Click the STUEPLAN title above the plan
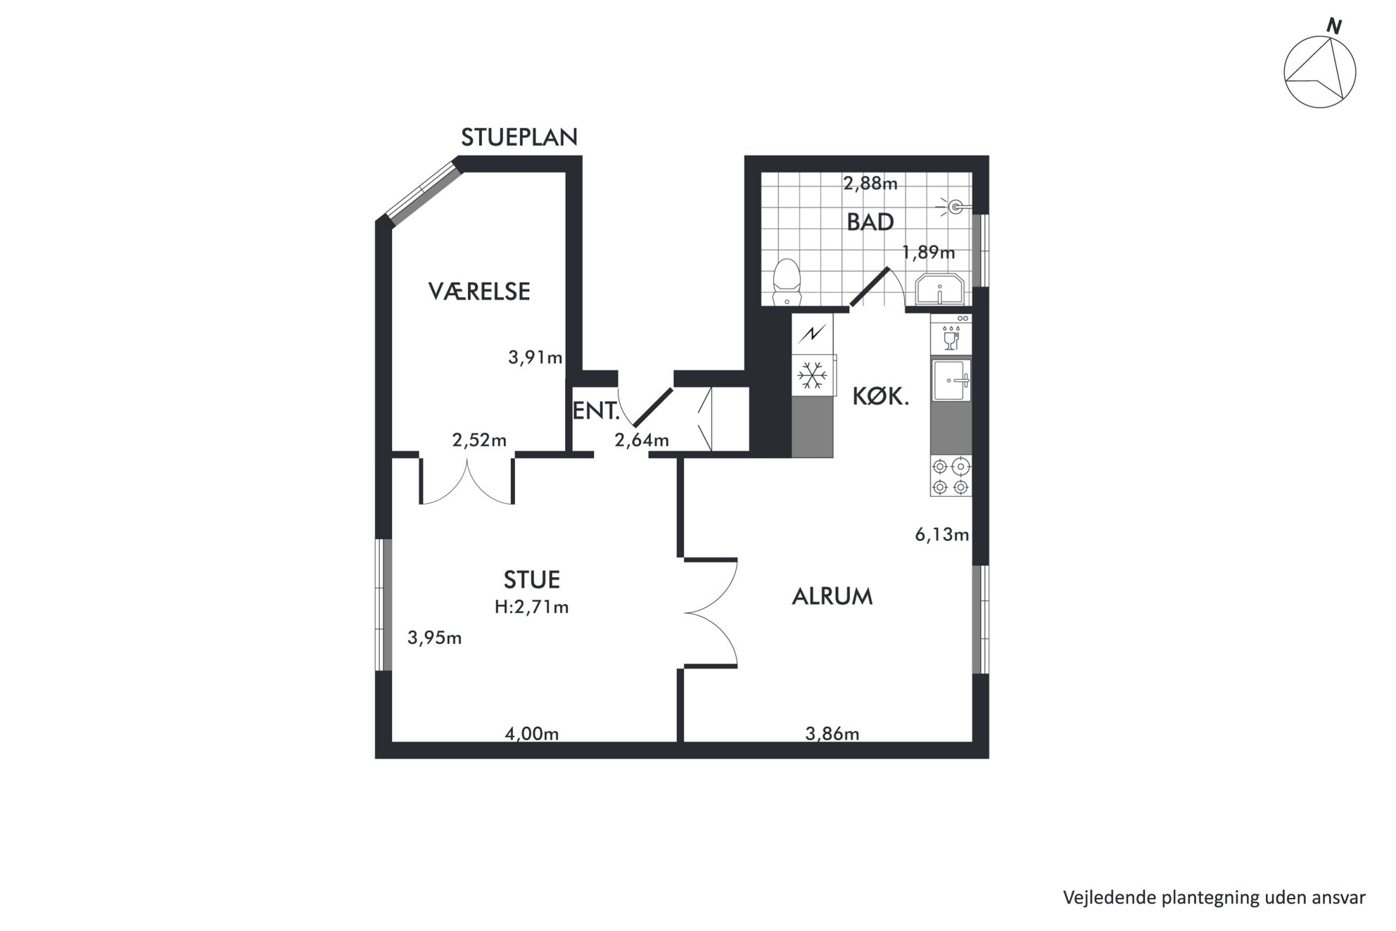[x=519, y=137]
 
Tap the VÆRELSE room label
[x=479, y=291]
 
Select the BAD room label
[x=870, y=222]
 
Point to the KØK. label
[x=881, y=397]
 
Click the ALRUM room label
[x=832, y=597]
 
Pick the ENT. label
[x=596, y=411]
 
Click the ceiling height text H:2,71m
[x=531, y=607]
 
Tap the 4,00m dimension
[x=532, y=734]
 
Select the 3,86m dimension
[x=832, y=734]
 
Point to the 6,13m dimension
[x=942, y=535]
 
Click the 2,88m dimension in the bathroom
[x=870, y=184]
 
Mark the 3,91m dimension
[x=535, y=357]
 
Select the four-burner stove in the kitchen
[x=951, y=476]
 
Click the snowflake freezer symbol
[x=812, y=376]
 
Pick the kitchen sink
[x=951, y=381]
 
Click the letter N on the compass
[x=1333, y=27]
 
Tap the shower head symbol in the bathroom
[x=956, y=206]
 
